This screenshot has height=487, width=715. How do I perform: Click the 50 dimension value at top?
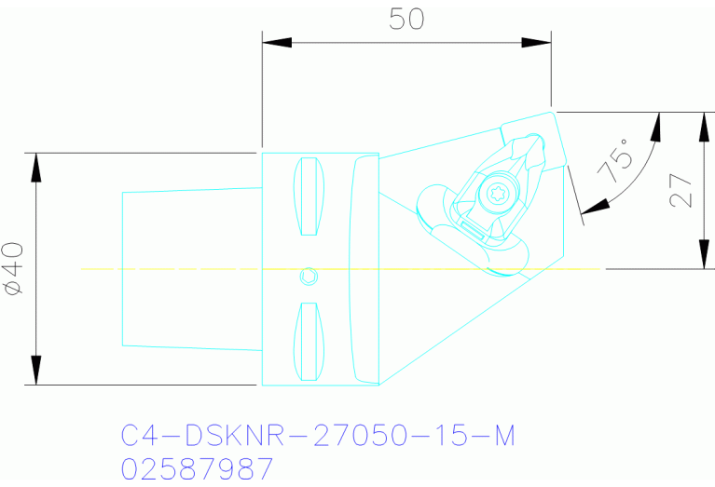coord(406,19)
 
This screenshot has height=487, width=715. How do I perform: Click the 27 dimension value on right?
coord(681,190)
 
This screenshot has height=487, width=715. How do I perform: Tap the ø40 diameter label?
coord(13,269)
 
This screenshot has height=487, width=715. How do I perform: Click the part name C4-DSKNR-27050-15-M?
coord(318,436)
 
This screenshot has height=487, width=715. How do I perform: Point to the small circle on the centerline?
coord(309,276)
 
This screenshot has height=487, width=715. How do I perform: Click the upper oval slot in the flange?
coord(309,196)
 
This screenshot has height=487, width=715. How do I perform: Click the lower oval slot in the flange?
coord(309,341)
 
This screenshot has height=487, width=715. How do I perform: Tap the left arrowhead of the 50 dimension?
coord(277,42)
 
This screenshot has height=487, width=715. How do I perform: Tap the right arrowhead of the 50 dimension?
coord(536,42)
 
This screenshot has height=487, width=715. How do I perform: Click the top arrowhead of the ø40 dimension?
coord(36,167)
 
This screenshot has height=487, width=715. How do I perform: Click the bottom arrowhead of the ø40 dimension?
coord(36,370)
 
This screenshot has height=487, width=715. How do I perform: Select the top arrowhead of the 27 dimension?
coord(702,126)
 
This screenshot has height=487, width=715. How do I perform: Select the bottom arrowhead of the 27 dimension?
coord(702,255)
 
